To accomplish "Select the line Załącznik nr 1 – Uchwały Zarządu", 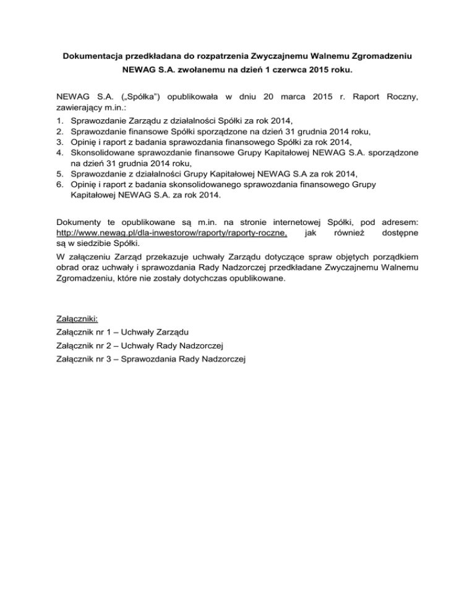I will tap(122, 332).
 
